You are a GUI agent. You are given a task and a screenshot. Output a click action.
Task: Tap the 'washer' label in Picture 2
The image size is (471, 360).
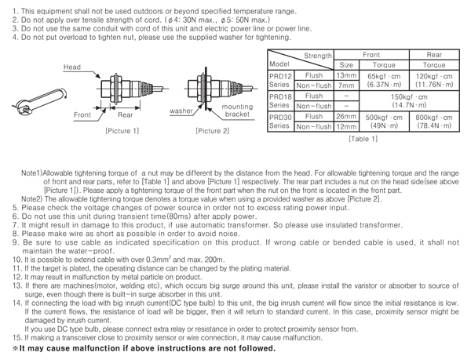click(x=182, y=111)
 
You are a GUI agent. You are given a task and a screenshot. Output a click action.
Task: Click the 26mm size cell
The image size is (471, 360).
click(x=347, y=116)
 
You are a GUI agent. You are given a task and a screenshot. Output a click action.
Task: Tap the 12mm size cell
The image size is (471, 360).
click(x=347, y=126)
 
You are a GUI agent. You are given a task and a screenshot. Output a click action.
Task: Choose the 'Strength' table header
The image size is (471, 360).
click(x=318, y=56)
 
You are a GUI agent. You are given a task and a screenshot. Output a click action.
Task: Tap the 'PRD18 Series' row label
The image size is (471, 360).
click(x=280, y=100)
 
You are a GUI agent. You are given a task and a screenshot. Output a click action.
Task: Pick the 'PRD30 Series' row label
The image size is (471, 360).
click(x=280, y=122)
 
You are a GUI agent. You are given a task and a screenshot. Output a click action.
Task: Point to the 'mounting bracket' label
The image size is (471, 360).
click(x=236, y=111)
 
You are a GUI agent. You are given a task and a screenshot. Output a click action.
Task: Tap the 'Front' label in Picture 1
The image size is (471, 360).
click(x=83, y=115)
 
